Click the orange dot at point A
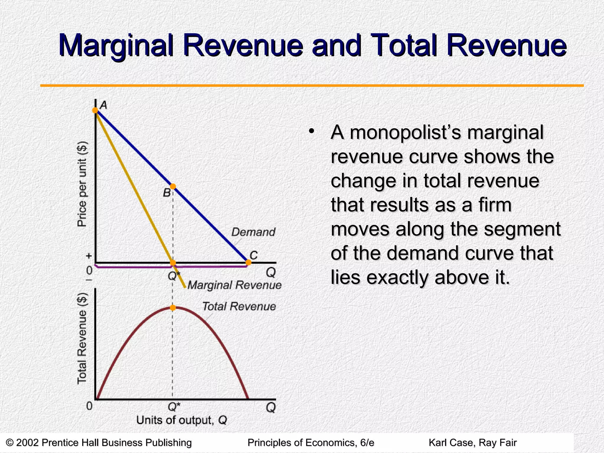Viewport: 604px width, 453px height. tap(95, 110)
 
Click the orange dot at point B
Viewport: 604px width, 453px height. tap(173, 186)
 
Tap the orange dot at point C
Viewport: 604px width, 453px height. tap(248, 262)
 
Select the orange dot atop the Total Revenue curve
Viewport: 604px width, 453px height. tap(173, 308)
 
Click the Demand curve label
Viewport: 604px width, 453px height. tap(253, 232)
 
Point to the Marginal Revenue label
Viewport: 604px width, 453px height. tap(234, 285)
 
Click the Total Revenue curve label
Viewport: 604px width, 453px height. tap(239, 306)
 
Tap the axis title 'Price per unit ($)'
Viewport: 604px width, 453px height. tap(82, 184)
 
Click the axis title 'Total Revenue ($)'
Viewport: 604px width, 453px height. tap(82, 339)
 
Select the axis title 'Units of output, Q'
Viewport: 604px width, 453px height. tap(181, 420)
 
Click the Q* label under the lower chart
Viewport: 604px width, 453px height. tap(174, 407)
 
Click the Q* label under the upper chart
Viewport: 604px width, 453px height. tap(174, 276)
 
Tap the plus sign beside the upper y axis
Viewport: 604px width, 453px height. tap(89, 256)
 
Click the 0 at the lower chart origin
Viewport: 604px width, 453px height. tap(89, 406)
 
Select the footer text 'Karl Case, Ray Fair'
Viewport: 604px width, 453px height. tap(472, 443)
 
